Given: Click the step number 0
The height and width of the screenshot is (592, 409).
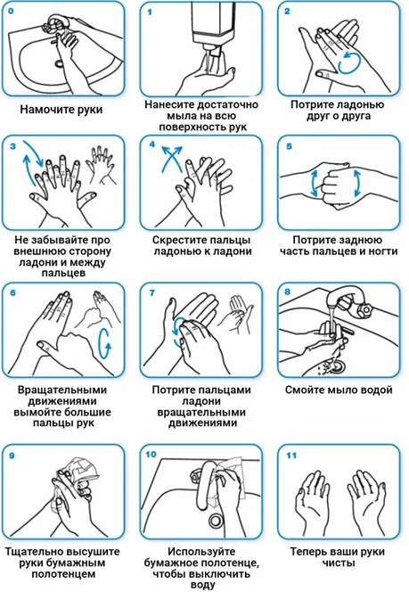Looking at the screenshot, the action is click(x=11, y=11).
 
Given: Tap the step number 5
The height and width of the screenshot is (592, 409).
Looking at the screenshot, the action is click(x=289, y=146).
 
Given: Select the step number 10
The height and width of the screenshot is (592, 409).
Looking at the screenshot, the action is click(x=151, y=454).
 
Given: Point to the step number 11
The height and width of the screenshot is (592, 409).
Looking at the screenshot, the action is click(x=291, y=456).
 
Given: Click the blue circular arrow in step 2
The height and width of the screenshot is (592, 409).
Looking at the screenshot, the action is click(x=351, y=62).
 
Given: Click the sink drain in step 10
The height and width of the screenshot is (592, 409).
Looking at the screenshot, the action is click(x=216, y=521).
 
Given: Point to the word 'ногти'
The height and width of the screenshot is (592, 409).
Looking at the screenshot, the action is click(x=384, y=251).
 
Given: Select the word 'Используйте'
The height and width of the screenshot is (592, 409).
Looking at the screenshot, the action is click(x=201, y=552).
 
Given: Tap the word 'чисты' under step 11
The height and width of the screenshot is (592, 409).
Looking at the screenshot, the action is click(x=339, y=563).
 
